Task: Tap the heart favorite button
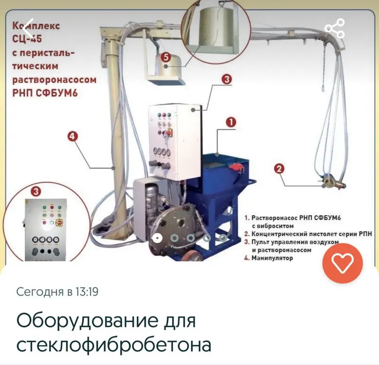[x=343, y=263]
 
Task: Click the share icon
[x=335, y=28]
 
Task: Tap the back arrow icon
[x=27, y=28]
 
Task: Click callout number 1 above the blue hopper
[x=231, y=122]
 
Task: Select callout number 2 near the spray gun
[x=279, y=168]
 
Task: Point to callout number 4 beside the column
[x=73, y=136]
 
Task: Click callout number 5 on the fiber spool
[x=166, y=57]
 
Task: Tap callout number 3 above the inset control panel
[x=36, y=192]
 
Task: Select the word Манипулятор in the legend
[x=272, y=258]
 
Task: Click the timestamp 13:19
[x=87, y=291]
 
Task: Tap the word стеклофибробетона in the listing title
[x=114, y=345]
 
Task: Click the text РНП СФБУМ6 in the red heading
[x=45, y=93]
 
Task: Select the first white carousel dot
[x=157, y=238]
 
